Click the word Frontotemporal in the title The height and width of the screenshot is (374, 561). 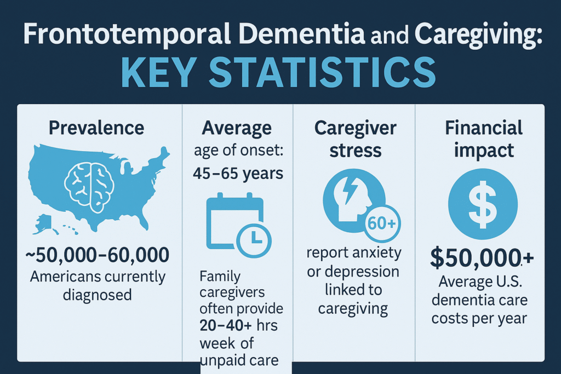(127, 34)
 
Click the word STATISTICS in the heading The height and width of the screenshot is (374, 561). (322, 73)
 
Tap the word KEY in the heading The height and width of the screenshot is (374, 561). (159, 73)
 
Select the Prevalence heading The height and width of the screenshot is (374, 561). (96, 128)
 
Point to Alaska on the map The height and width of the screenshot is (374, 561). (45, 224)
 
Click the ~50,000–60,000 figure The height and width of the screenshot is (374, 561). (97, 255)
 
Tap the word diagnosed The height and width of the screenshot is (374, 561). (98, 295)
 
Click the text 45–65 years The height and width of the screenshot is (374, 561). (238, 174)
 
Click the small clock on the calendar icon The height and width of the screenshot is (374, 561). (254, 240)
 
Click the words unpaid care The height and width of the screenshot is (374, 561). (239, 360)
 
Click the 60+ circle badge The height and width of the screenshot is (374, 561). (382, 223)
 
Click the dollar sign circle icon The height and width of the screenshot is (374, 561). (483, 204)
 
